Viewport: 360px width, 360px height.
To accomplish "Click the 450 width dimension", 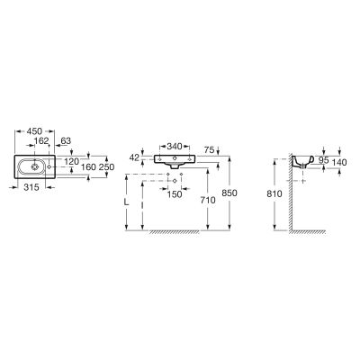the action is tap(35, 131).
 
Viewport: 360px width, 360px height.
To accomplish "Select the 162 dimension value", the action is tap(41, 140).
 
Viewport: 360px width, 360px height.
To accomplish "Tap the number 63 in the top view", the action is tap(66, 140).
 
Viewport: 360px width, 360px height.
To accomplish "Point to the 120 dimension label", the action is tap(72, 162).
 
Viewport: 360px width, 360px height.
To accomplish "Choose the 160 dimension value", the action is tap(88, 167).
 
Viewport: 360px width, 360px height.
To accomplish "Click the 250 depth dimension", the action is tap(107, 167).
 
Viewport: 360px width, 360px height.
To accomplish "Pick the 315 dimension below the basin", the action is tap(31, 187).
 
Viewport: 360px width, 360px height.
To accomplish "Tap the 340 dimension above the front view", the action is tap(175, 147).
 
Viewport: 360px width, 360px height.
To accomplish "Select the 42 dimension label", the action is tap(135, 157).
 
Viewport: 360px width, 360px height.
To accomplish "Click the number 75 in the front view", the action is tap(209, 149).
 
